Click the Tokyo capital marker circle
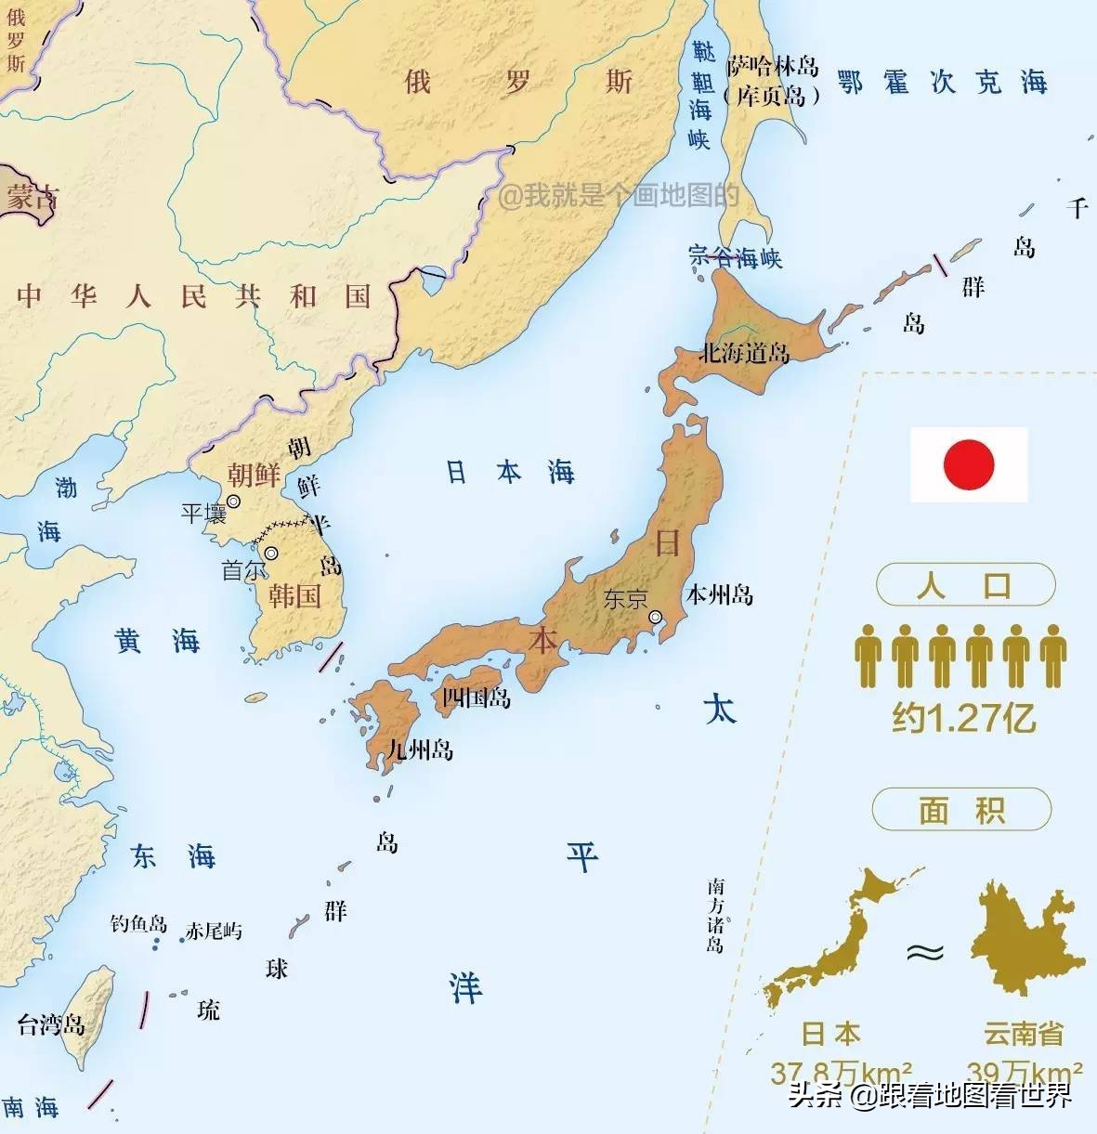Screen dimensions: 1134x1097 click(x=656, y=617)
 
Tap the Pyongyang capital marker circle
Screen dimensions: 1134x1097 click(x=233, y=501)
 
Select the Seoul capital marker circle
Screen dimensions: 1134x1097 click(x=270, y=554)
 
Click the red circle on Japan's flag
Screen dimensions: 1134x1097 click(x=969, y=464)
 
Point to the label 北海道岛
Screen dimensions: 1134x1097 click(x=744, y=354)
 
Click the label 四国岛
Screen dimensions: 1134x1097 click(x=476, y=697)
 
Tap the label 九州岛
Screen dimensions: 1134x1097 click(x=420, y=749)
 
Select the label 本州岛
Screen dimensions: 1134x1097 click(x=719, y=594)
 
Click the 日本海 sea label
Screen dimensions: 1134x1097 click(x=510, y=472)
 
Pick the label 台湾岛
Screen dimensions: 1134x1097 click(x=51, y=1024)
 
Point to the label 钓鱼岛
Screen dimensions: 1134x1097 click(x=138, y=924)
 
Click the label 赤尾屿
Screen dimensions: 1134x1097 click(x=214, y=931)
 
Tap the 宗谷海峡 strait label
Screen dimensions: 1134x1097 click(x=736, y=257)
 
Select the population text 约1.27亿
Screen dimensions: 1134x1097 click(x=963, y=718)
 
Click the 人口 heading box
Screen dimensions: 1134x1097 click(x=965, y=586)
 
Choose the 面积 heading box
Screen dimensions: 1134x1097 click(x=961, y=810)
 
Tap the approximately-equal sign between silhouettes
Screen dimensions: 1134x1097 click(x=925, y=953)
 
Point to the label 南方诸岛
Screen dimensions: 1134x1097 click(x=714, y=914)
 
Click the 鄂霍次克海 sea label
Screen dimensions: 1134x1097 click(x=942, y=82)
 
